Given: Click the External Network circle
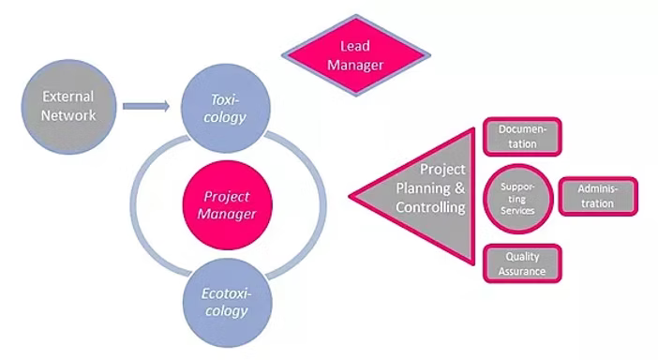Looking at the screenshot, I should [68, 103].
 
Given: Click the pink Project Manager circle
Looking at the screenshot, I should [227, 203].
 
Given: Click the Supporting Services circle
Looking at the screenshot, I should [516, 200].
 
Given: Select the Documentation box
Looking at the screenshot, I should [523, 136].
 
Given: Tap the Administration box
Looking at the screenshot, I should [599, 195].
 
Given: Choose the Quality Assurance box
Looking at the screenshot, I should [523, 263].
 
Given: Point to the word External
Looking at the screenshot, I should [68, 96].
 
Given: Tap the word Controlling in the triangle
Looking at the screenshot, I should [432, 207].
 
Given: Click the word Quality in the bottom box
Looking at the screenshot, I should [523, 256].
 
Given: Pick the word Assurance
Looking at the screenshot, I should [523, 271].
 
